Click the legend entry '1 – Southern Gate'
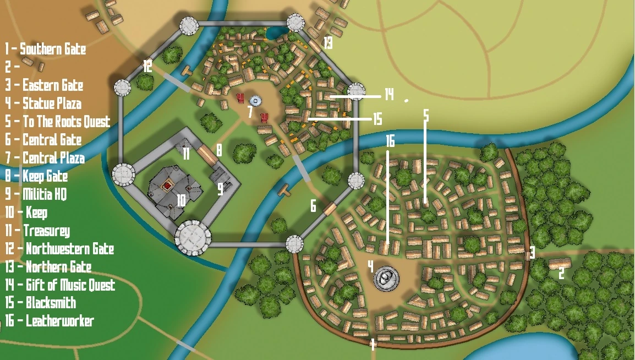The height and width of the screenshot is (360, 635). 46,49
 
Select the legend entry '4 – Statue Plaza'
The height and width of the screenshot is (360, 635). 43,103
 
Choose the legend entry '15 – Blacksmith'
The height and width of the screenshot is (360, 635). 41,303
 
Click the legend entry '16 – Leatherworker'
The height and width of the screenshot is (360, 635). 50,321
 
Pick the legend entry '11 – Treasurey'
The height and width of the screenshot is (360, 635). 38,231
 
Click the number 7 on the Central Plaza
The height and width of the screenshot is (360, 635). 250,112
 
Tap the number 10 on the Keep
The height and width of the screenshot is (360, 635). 180,200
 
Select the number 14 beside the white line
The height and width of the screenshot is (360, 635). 389,95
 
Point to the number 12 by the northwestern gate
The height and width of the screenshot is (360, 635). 147,67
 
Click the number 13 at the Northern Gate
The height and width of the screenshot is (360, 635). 328,43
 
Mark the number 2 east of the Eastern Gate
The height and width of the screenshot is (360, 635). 562,273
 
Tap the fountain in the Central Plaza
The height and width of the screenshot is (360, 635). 255,101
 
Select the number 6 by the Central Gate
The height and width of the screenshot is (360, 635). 313,206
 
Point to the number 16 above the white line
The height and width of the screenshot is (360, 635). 390,141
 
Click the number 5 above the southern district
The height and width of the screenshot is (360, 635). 425,115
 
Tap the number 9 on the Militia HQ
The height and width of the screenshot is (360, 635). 220,189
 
